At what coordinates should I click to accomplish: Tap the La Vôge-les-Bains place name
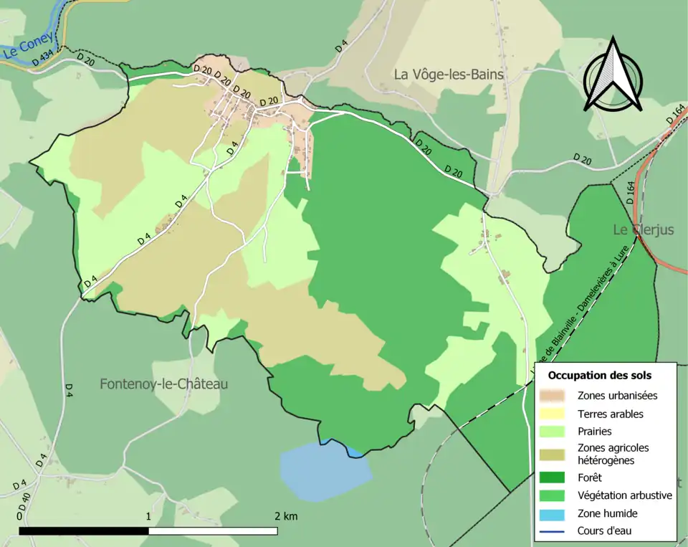pos(449,74)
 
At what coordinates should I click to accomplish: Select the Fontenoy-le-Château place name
pos(163,384)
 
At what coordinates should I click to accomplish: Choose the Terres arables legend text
pos(610,414)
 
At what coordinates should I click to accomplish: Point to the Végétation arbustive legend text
pos(624,495)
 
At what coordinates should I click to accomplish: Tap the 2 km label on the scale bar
pos(285,516)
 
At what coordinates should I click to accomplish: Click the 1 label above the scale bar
pos(148,516)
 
